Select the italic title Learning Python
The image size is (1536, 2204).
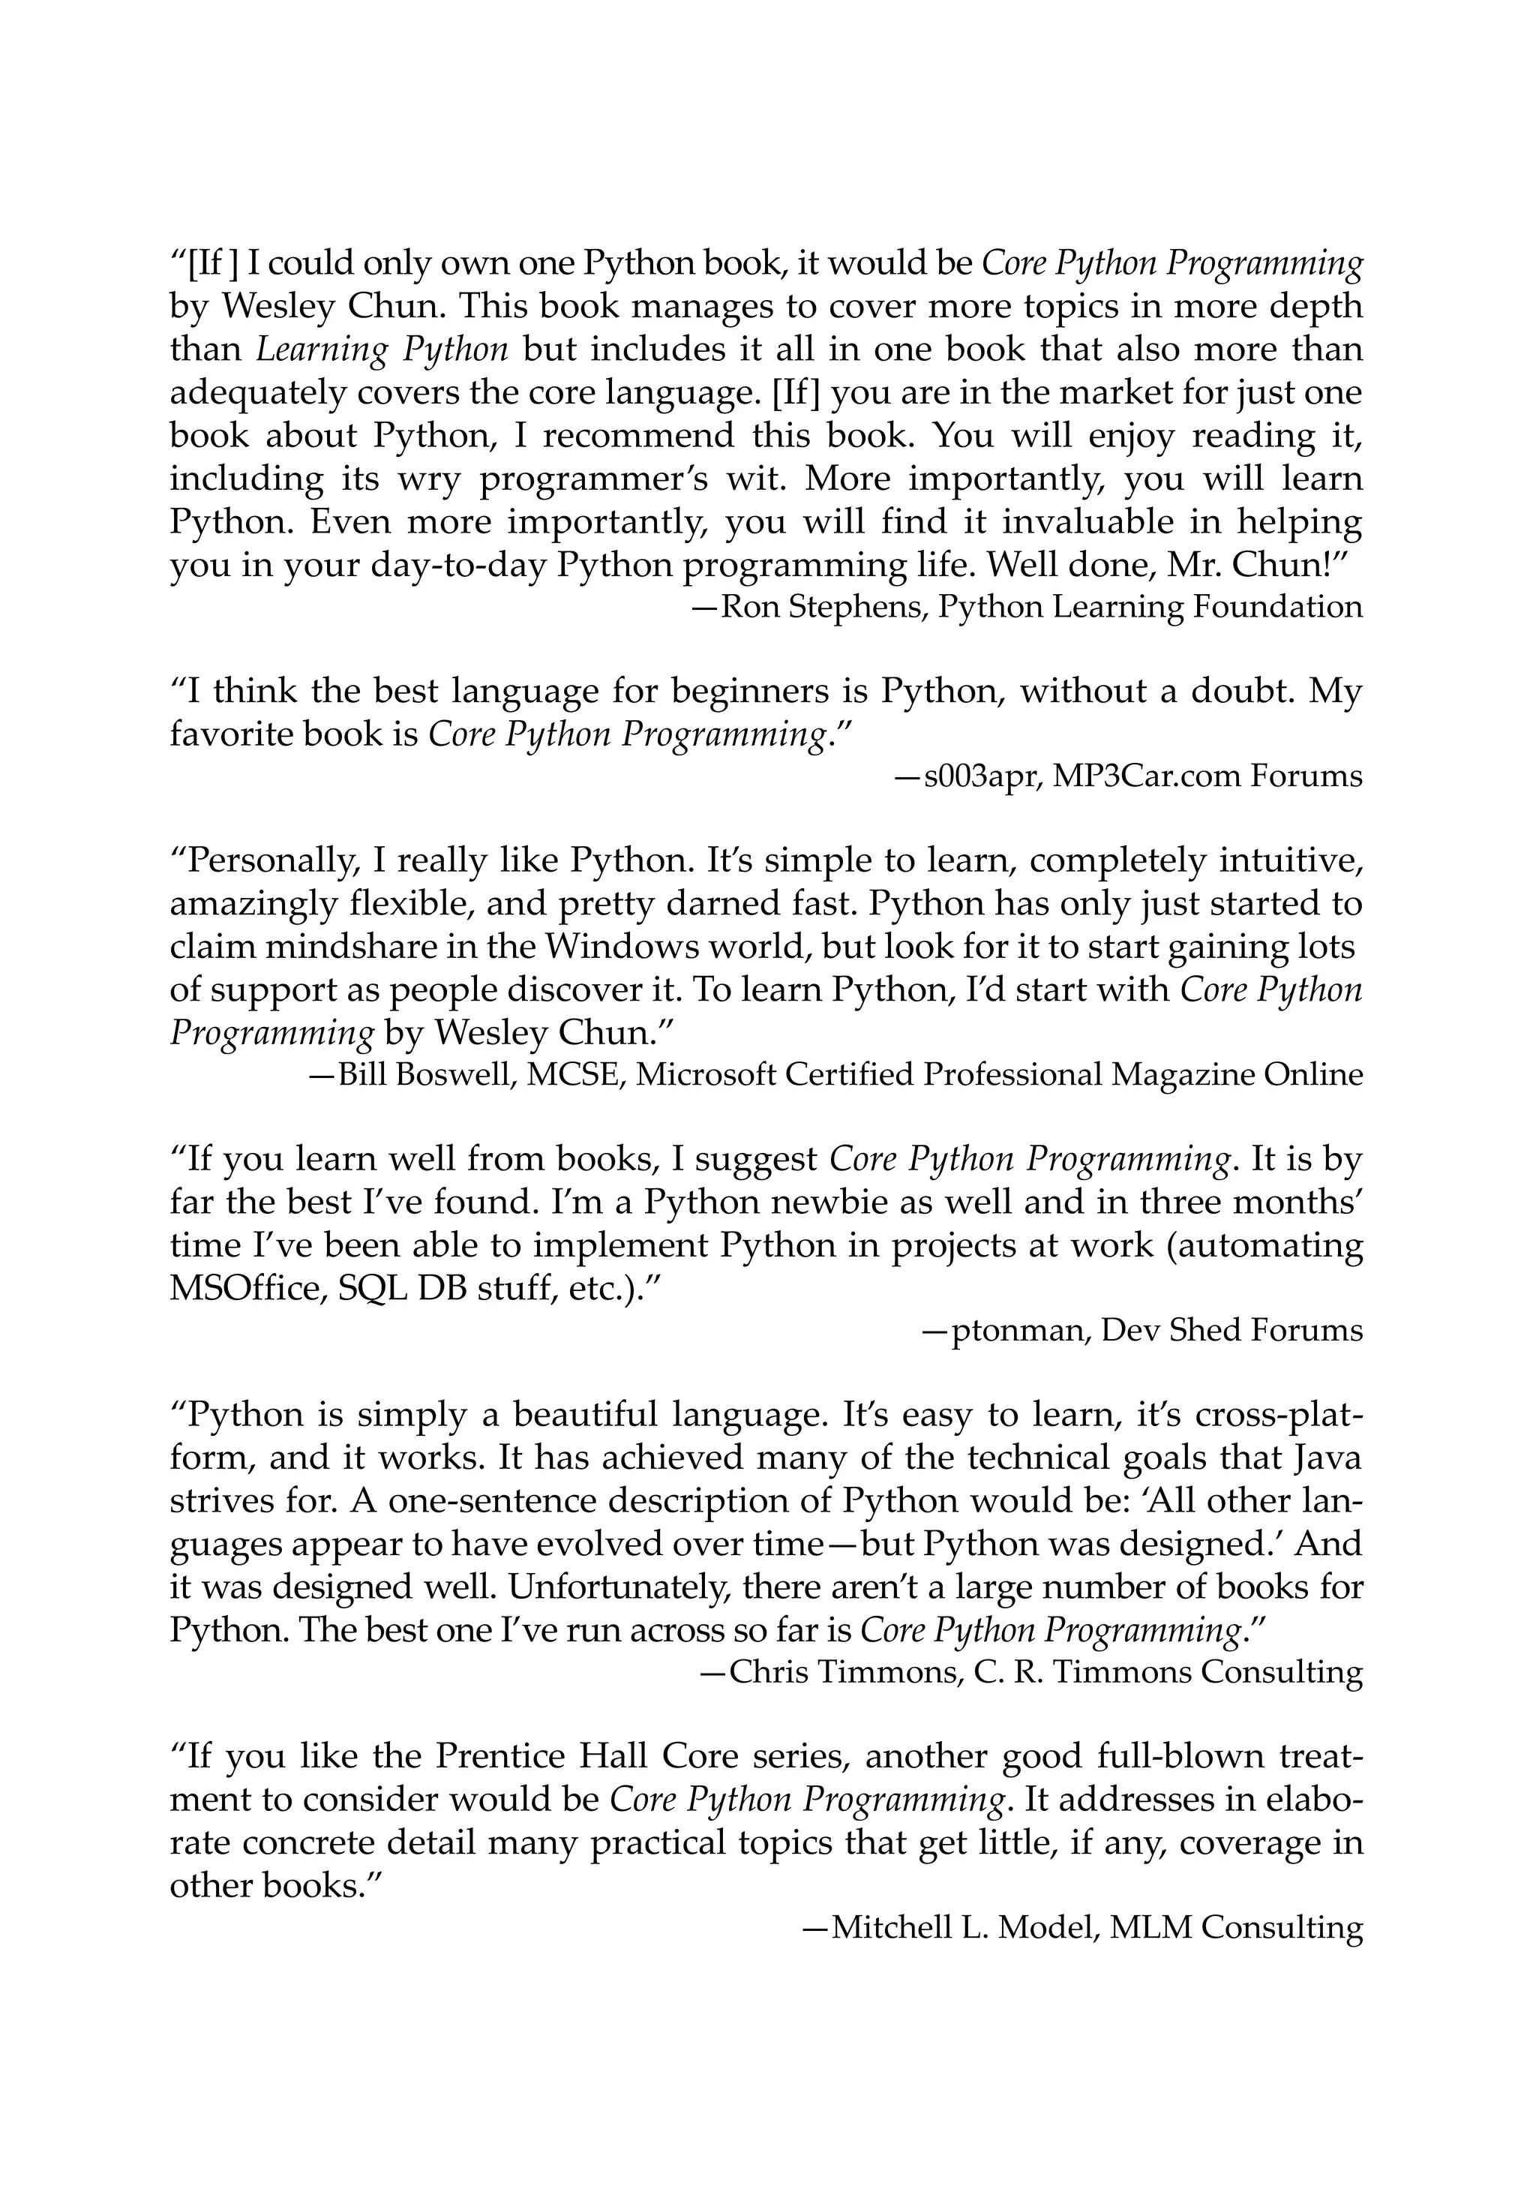point(381,350)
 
